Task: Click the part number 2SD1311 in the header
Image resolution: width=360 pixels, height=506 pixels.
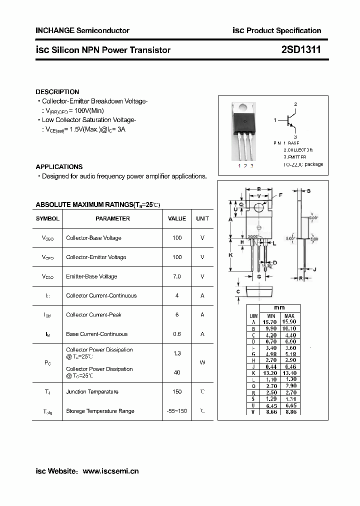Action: [300, 50]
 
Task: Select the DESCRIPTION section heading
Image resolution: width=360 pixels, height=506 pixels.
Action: [57, 92]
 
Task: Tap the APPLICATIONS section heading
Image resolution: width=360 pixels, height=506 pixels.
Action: [59, 167]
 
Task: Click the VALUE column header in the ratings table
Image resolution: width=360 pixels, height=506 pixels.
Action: [177, 218]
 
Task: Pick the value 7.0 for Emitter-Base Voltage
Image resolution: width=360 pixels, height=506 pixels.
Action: [177, 276]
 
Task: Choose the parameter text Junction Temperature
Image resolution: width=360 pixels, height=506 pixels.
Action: [92, 392]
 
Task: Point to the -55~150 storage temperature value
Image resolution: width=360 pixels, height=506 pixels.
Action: [177, 411]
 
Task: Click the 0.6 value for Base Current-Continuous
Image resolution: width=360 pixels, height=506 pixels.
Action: [177, 334]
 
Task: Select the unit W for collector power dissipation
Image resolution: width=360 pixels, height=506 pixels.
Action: [202, 362]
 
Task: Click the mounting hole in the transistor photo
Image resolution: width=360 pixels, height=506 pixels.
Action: [243, 106]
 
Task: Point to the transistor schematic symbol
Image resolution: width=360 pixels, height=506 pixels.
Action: [290, 120]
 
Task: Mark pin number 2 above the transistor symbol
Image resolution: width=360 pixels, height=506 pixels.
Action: [295, 104]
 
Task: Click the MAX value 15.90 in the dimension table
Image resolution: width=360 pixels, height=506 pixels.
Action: [289, 322]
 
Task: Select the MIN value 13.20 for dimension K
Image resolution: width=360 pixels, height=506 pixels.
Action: [271, 373]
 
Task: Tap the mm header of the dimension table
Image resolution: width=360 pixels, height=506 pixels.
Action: [279, 308]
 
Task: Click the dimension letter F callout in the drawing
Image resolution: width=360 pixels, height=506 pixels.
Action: [280, 195]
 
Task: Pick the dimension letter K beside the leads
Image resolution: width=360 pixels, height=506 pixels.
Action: [231, 255]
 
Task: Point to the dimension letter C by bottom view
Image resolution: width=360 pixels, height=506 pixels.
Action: [238, 291]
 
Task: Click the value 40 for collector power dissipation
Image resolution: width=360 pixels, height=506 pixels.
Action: [177, 372]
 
